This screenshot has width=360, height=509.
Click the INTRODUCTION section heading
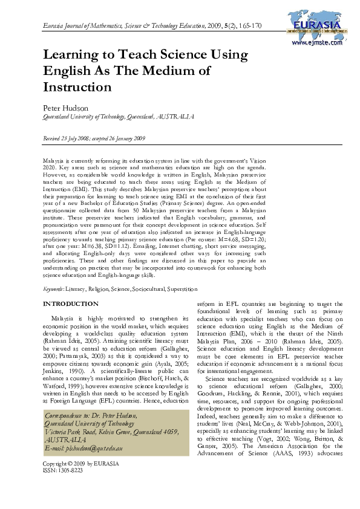click(70, 303)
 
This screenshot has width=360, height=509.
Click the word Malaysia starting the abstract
click(53, 156)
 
